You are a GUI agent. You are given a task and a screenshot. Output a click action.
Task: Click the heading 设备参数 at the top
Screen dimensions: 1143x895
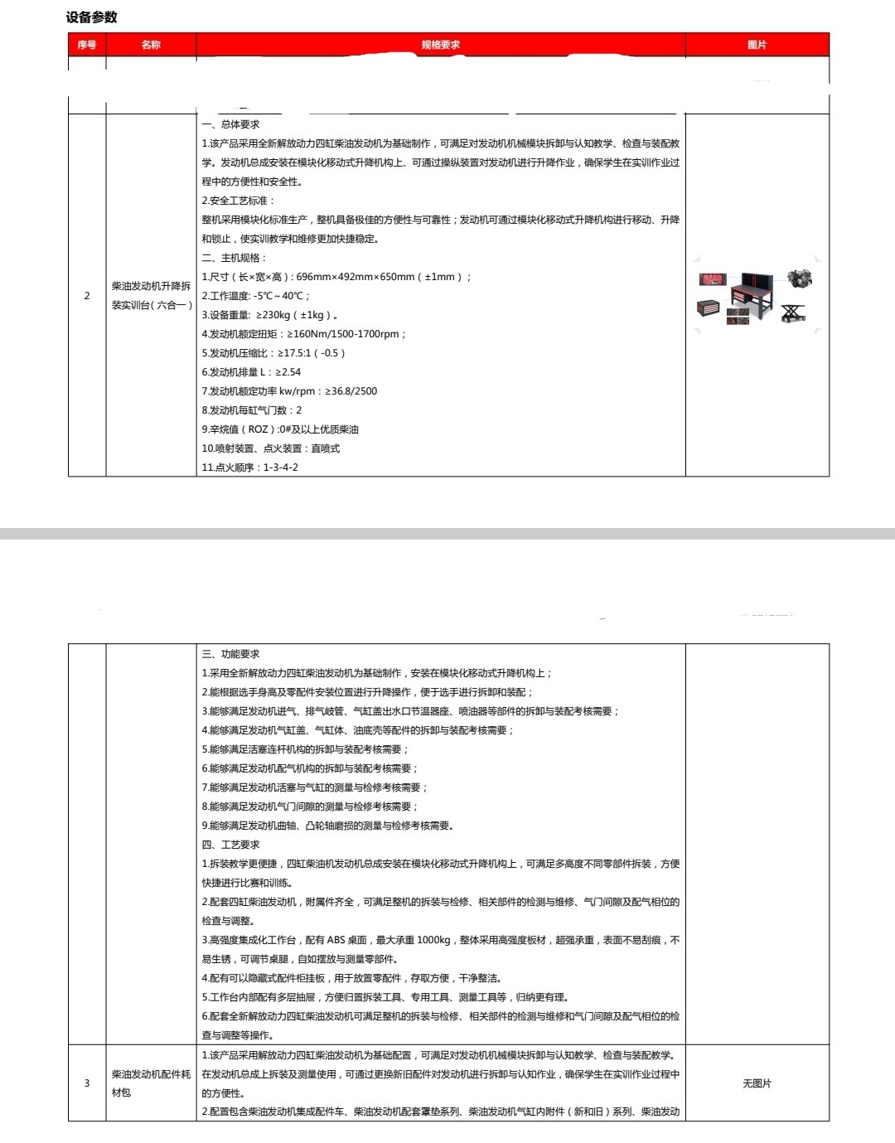click(x=92, y=17)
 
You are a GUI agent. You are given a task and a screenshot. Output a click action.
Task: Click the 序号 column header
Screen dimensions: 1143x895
click(x=86, y=45)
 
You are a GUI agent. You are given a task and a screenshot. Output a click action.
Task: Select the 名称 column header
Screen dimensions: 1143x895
click(x=151, y=45)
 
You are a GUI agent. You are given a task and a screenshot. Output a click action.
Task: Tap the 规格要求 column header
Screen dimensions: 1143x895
click(x=440, y=45)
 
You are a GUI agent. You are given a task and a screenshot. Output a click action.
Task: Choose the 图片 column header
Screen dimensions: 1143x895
click(x=757, y=45)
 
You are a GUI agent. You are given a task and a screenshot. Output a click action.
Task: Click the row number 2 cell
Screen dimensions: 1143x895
click(x=87, y=296)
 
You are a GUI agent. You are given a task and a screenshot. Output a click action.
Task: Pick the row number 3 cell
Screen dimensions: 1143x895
click(x=87, y=1083)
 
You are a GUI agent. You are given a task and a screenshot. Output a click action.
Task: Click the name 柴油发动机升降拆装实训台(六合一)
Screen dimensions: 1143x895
click(x=151, y=296)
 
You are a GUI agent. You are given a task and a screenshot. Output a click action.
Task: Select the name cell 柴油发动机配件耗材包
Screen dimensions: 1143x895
click(x=151, y=1083)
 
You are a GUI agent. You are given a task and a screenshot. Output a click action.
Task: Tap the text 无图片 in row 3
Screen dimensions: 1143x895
click(x=757, y=1083)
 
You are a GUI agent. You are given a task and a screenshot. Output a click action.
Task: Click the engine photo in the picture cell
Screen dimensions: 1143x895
click(x=800, y=278)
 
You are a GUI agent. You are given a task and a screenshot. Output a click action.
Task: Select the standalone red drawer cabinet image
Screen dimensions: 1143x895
click(x=708, y=308)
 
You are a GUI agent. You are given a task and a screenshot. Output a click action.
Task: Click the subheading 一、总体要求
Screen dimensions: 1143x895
click(x=231, y=124)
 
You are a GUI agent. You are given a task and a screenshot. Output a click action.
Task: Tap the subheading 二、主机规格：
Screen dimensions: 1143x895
click(x=235, y=258)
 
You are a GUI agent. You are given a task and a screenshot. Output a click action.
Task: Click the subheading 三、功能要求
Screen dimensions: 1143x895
click(x=231, y=654)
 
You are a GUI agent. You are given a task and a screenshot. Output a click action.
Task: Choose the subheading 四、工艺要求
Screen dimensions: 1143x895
click(x=231, y=845)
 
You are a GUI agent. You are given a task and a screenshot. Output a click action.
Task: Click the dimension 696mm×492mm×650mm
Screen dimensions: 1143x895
click(x=355, y=277)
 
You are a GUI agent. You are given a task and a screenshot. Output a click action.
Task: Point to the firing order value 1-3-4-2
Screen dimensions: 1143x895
click(x=281, y=467)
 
